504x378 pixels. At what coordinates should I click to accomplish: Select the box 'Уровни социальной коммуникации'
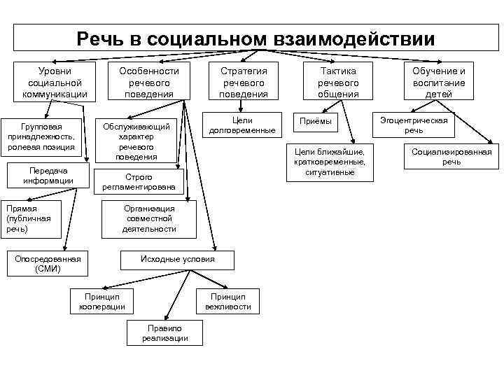click(55, 83)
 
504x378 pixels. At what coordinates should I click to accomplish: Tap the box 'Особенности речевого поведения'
click(148, 83)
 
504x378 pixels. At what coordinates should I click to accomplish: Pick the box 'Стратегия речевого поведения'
click(244, 83)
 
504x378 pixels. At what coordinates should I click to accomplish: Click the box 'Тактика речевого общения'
click(338, 83)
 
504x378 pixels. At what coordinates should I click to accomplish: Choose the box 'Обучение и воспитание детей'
click(439, 83)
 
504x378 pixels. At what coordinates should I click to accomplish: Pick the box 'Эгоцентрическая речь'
click(414, 125)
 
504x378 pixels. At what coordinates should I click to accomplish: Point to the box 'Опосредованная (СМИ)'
click(48, 264)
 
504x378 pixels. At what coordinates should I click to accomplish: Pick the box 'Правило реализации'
click(165, 333)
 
